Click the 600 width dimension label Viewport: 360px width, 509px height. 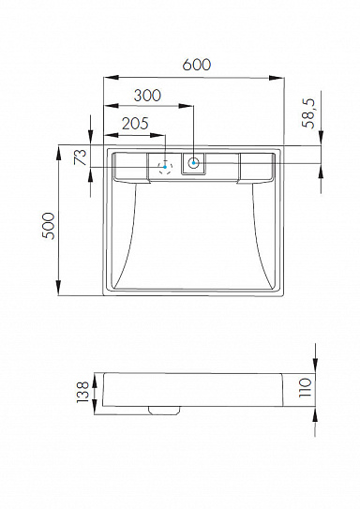tap(196, 65)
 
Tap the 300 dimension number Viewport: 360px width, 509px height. tap(147, 96)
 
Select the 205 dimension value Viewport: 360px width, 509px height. tap(135, 124)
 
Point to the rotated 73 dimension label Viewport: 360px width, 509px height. tap(81, 157)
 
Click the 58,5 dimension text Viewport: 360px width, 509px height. tap(308, 113)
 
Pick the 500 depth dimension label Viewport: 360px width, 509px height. tap(49, 226)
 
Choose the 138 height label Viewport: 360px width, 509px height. tap(82, 392)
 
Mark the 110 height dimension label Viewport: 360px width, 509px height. tap(305, 387)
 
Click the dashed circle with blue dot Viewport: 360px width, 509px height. tap(165, 167)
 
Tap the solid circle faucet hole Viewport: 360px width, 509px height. tap(193, 162)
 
